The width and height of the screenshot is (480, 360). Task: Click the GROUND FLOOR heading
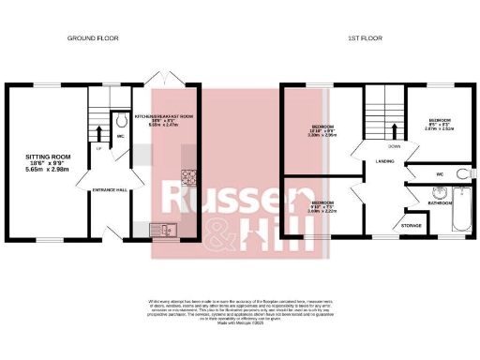pos(90,38)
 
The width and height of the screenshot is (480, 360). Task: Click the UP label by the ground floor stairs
pos(99,148)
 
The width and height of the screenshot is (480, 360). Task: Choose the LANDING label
pos(385,162)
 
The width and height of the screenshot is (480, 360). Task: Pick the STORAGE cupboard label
pos(411,225)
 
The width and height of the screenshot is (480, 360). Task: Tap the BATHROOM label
pos(441,202)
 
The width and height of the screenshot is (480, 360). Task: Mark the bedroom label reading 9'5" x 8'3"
pos(441,123)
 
